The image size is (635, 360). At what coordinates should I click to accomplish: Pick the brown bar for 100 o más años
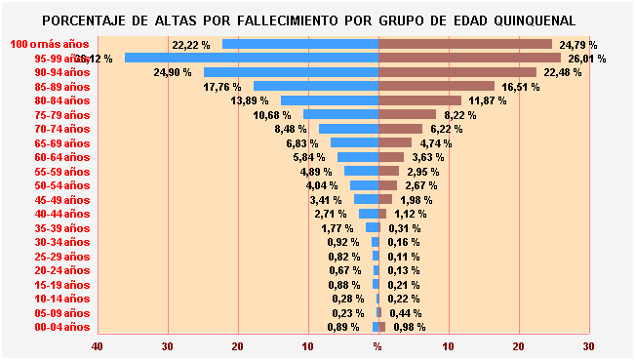click(464, 44)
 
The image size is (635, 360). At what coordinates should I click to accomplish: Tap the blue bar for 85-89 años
click(315, 86)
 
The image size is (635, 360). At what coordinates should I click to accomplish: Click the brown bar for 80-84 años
click(419, 100)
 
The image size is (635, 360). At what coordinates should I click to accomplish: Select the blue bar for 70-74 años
click(348, 129)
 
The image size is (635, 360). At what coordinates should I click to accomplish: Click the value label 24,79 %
click(578, 45)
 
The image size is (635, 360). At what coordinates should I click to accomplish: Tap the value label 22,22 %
click(190, 45)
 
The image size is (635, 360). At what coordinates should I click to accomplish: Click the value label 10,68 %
click(273, 115)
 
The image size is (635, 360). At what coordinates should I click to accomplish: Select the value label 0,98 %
click(410, 327)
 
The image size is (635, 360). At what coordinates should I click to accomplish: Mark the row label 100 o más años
click(50, 44)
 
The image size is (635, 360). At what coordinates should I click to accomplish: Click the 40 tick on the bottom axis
click(97, 346)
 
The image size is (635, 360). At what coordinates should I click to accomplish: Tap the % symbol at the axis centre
click(377, 346)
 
